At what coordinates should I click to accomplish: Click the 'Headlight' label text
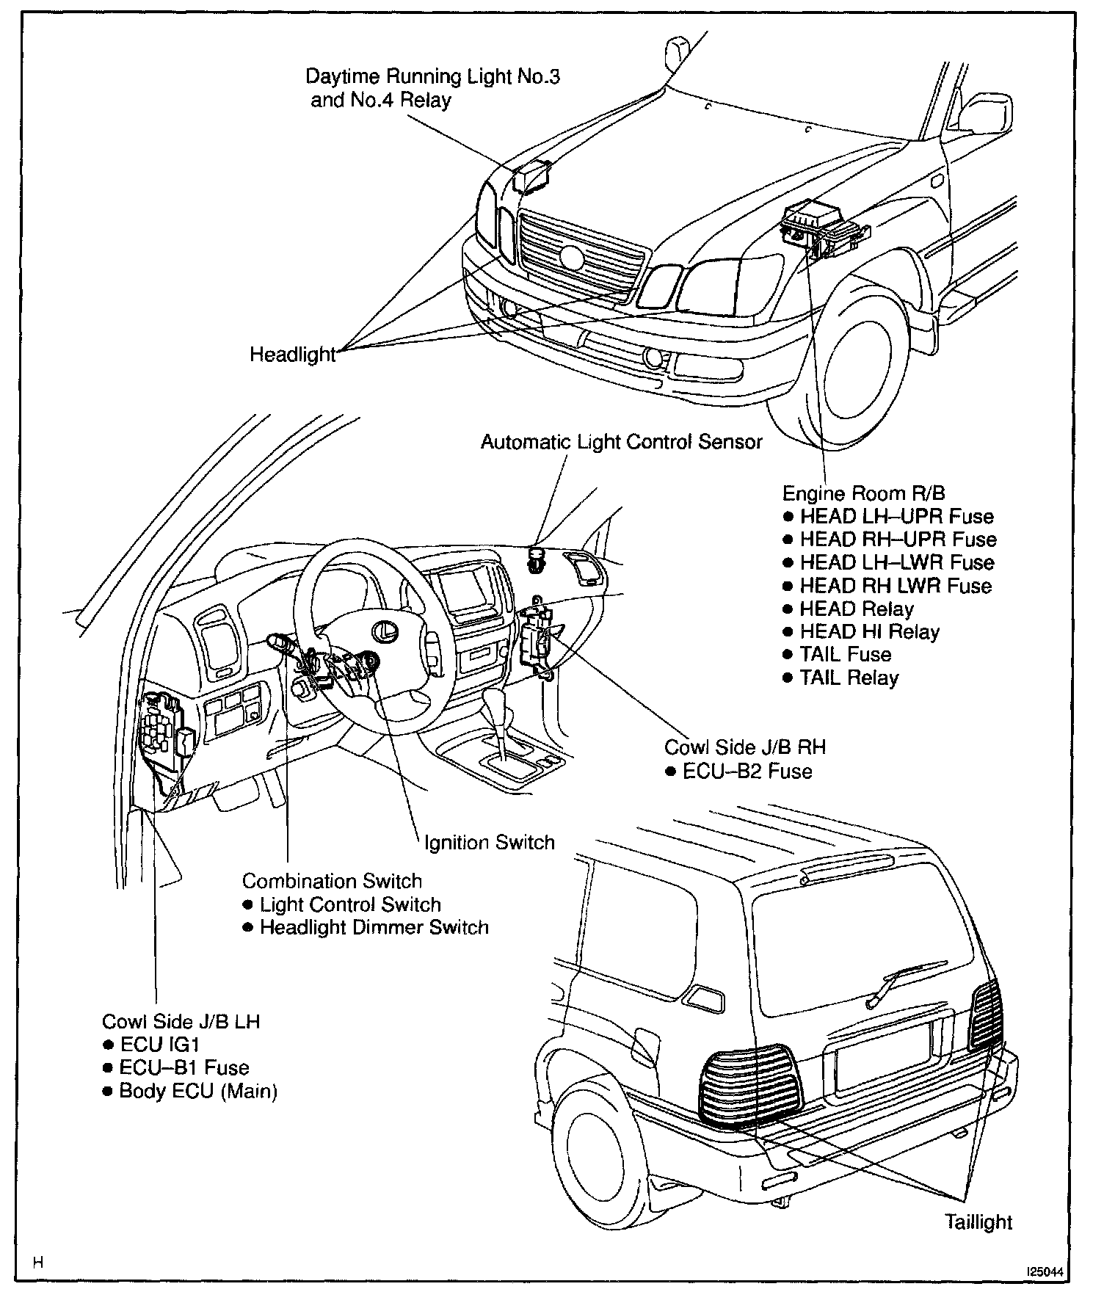pyautogui.click(x=292, y=355)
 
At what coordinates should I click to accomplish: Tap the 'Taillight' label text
pyautogui.click(x=978, y=1222)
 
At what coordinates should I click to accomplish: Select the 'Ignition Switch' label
pyautogui.click(x=490, y=842)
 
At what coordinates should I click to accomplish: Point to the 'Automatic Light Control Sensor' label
pyautogui.click(x=621, y=442)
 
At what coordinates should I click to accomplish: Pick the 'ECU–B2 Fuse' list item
pyautogui.click(x=747, y=771)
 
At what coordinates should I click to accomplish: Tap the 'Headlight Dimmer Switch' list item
pyautogui.click(x=374, y=927)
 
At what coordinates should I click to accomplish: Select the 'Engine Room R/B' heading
pyautogui.click(x=863, y=493)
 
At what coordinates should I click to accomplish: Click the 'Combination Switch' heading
pyautogui.click(x=332, y=881)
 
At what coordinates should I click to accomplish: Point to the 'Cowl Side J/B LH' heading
pyautogui.click(x=181, y=1021)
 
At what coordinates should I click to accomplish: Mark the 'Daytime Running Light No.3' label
pyautogui.click(x=432, y=76)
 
